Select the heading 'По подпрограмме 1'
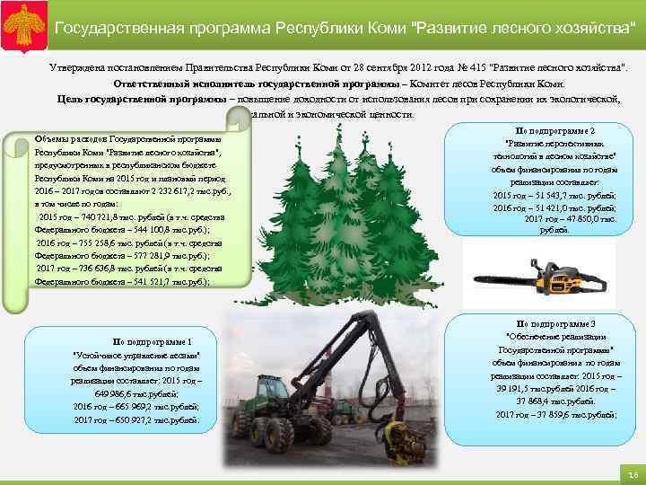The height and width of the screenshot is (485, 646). [152, 342]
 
